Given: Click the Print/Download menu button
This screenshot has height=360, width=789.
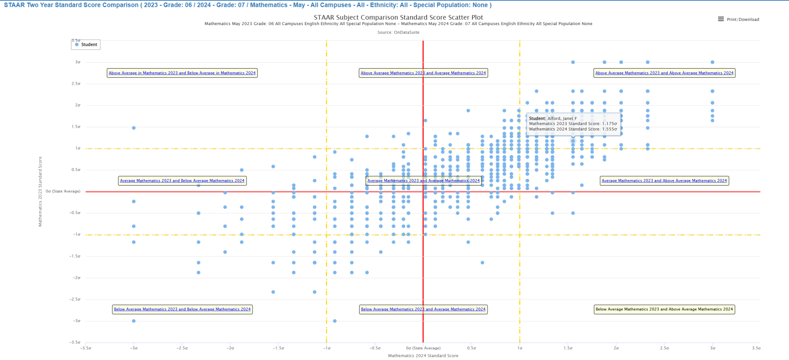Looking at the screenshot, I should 738,19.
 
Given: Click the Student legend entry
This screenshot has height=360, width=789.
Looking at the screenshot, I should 86,45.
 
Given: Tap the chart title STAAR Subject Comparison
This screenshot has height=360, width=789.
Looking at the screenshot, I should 398,17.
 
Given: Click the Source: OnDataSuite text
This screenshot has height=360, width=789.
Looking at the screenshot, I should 398,32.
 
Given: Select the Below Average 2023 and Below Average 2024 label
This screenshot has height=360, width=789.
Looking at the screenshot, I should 182,309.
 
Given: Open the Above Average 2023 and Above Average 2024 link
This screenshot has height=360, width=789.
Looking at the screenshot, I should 664,73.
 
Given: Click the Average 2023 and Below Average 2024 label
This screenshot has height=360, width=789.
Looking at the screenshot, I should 182,181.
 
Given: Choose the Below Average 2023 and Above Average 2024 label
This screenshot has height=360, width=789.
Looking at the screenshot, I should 664,309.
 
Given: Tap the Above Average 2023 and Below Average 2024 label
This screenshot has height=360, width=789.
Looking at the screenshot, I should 182,73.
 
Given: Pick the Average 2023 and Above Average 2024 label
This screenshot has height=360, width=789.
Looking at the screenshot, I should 664,181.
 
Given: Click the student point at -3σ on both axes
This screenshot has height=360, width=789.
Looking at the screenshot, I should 134,321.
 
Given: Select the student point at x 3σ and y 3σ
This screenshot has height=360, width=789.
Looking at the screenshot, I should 712,62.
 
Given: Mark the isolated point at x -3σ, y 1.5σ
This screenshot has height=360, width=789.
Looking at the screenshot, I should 134,128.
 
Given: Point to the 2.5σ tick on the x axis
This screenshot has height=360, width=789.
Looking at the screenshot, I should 664,348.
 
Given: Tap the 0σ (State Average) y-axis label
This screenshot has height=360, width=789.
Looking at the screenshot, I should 63,191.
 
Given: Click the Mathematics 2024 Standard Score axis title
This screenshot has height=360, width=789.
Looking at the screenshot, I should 423,356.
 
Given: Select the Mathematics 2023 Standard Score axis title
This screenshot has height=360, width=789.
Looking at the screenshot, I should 40,191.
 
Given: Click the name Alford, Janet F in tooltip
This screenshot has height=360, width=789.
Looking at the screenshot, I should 562,119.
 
